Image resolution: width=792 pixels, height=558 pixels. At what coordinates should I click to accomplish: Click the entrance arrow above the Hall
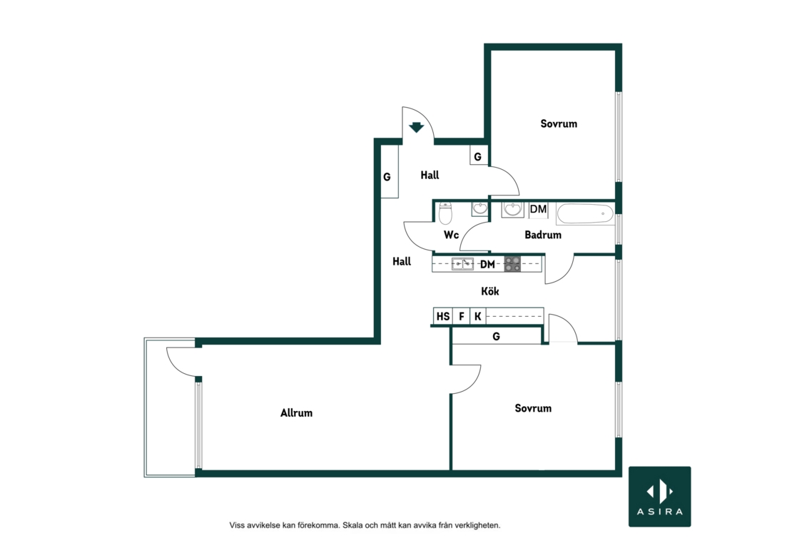click(416, 127)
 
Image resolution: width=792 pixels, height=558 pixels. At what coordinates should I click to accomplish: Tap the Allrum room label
click(297, 413)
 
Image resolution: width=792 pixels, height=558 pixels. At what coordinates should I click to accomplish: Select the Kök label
click(490, 291)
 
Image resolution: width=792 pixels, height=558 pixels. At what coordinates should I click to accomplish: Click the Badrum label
click(543, 234)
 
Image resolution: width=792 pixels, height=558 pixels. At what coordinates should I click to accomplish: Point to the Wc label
click(451, 235)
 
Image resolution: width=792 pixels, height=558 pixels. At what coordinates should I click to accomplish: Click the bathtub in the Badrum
click(585, 213)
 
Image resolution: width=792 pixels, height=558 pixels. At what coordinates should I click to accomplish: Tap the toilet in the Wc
click(445, 213)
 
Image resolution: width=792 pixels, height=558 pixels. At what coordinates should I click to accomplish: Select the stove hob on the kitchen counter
click(512, 264)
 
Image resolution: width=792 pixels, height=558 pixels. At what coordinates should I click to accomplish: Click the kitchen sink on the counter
click(462, 263)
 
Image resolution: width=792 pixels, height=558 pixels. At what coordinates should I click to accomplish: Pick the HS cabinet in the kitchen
click(443, 316)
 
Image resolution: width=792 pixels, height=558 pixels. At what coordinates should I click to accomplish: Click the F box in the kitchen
click(462, 316)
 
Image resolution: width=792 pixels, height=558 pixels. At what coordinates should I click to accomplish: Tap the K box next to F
click(478, 316)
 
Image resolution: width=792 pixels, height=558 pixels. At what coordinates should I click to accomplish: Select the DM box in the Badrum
click(539, 210)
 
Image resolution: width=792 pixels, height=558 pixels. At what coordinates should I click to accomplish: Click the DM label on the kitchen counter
click(487, 264)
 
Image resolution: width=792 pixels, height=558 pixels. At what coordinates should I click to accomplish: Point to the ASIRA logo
click(660, 497)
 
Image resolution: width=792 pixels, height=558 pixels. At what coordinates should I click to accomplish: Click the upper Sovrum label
click(559, 123)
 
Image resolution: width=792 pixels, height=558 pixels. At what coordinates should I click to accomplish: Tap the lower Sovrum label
click(533, 408)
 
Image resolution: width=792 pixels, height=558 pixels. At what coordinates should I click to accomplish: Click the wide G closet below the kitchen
click(496, 336)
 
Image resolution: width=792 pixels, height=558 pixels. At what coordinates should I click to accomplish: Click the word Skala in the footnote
click(352, 525)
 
